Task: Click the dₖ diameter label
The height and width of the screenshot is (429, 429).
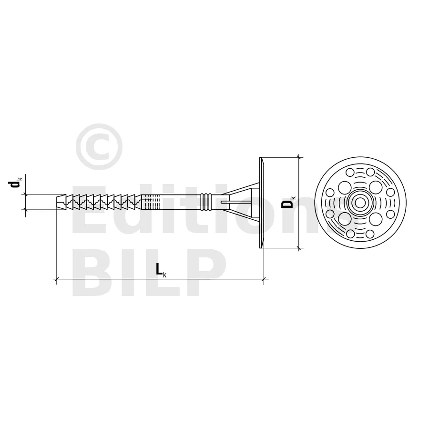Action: pos(16,183)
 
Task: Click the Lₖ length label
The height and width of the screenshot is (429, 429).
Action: pos(161,269)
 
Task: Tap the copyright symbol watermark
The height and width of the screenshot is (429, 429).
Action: pos(99,147)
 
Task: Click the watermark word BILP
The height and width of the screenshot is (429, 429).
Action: pos(149,272)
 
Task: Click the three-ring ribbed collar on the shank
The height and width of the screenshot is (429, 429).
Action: pos(206,202)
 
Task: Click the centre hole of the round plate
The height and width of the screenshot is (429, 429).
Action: pos(360,203)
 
